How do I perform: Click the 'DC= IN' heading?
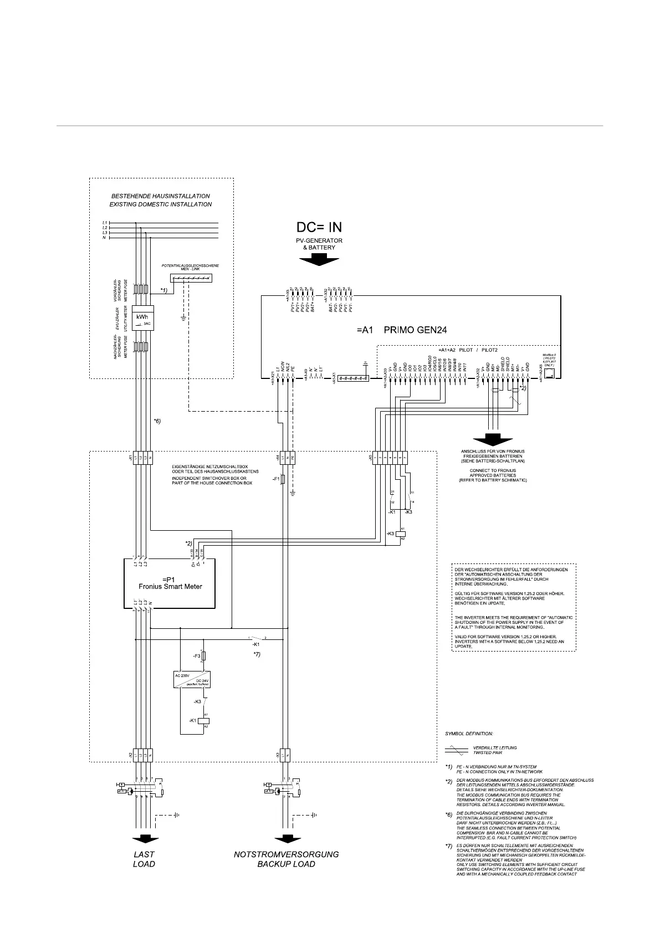coord(319,227)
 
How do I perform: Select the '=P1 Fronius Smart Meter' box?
coord(170,583)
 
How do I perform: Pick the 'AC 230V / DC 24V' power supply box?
coord(192,680)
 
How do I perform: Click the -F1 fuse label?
coord(275,478)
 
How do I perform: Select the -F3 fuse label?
coord(196,656)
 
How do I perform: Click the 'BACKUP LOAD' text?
coord(286,864)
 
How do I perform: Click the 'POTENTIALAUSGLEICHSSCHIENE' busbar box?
coord(192,278)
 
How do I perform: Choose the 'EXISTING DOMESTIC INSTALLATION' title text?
coord(161,204)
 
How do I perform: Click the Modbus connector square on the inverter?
coord(549,373)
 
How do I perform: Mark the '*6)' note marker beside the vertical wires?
coord(157,421)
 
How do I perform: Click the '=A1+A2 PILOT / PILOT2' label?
coord(467,350)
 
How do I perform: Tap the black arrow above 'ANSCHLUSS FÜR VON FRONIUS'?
coord(493,439)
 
